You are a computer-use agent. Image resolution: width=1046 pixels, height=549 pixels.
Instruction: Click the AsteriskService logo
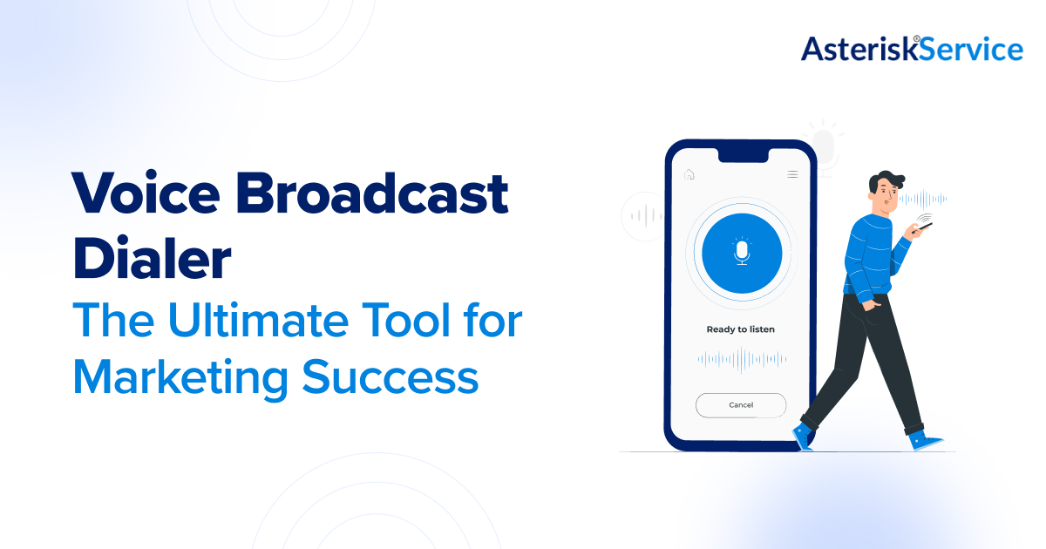click(x=912, y=49)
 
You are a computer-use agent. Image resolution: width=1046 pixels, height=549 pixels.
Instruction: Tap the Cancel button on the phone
click(x=741, y=405)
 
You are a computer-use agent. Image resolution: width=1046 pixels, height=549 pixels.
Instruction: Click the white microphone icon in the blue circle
click(x=742, y=253)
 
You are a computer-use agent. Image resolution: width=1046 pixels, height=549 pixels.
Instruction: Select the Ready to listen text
click(x=740, y=329)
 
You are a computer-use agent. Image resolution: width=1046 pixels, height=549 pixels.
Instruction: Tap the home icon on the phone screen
click(x=689, y=174)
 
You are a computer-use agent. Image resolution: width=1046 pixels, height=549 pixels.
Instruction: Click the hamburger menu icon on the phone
click(x=792, y=174)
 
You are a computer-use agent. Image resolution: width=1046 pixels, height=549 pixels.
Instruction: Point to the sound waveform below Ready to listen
click(x=742, y=358)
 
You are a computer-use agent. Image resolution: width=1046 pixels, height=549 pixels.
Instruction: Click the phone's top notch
click(x=741, y=154)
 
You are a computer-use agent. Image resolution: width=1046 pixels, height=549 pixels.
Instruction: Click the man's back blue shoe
click(x=802, y=436)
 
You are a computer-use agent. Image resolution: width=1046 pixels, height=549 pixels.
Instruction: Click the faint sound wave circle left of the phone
click(x=643, y=215)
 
